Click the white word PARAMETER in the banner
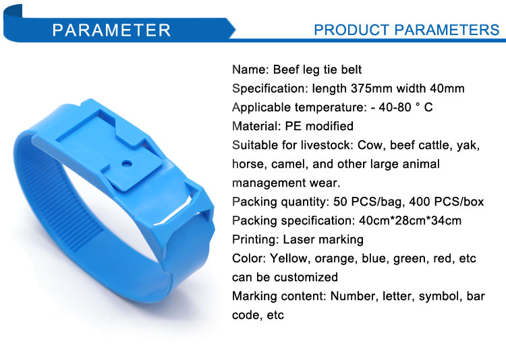(x=111, y=30)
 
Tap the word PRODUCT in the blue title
(x=352, y=30)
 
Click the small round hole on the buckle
(x=127, y=163)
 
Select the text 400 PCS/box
(x=447, y=202)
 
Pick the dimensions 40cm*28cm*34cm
(x=410, y=220)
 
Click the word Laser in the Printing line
(x=298, y=239)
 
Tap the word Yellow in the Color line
(x=288, y=258)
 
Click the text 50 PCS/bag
(x=368, y=202)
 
